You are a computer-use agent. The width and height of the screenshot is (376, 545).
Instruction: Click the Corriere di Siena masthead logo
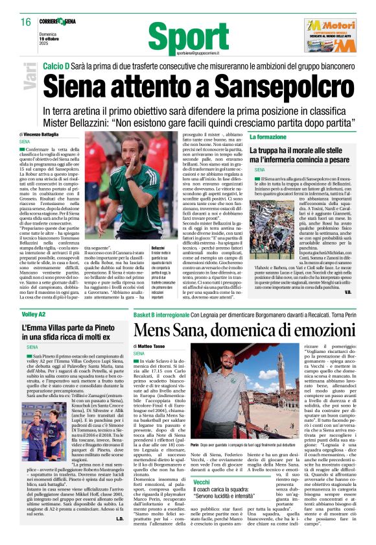click(x=58, y=21)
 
